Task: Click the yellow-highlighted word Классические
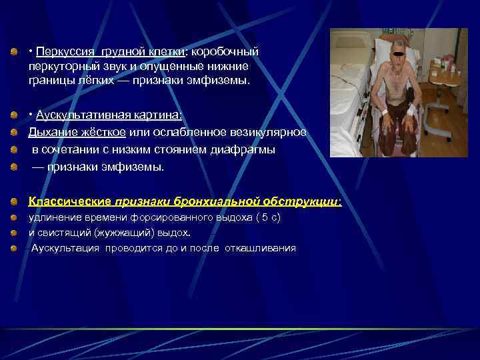pyautogui.click(x=69, y=201)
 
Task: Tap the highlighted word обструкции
pyautogui.click(x=307, y=201)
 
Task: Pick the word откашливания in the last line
pyautogui.click(x=263, y=248)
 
